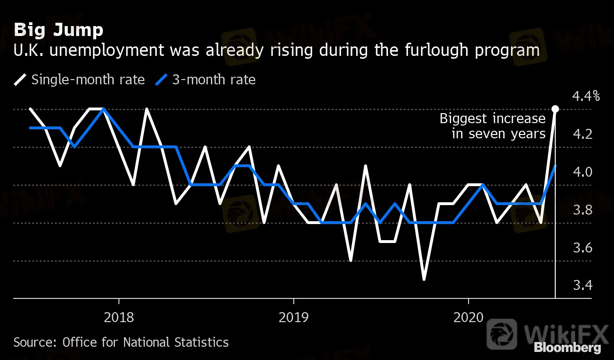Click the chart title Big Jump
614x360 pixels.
58,30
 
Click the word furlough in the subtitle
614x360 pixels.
423,51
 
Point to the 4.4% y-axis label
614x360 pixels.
586,97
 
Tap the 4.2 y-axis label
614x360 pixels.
582,134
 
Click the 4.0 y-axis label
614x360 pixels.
582,172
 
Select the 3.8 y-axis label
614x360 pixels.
582,210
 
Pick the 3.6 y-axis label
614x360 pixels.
582,248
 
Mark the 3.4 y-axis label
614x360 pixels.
582,286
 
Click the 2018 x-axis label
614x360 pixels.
119,316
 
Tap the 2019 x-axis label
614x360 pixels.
294,316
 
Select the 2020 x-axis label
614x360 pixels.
468,316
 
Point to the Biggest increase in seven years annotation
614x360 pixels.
493,126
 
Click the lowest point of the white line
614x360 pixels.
424,279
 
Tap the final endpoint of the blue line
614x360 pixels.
555,166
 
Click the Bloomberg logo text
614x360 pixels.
567,348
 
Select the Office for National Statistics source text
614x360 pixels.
145,342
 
